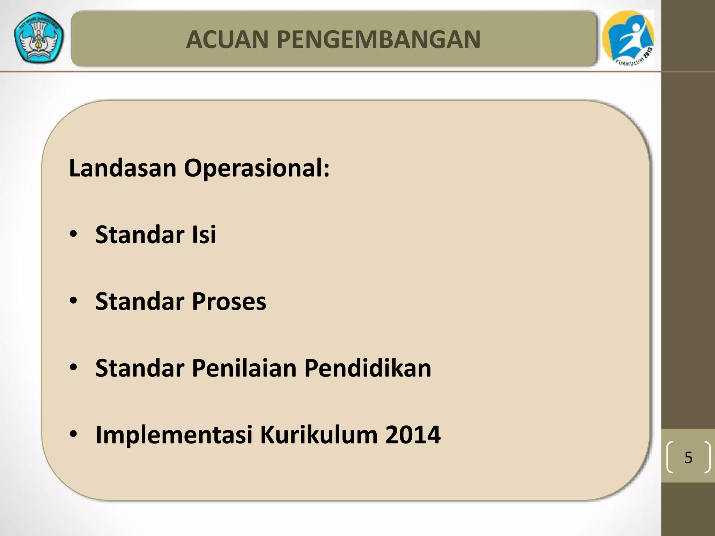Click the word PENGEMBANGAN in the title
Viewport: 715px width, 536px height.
point(378,39)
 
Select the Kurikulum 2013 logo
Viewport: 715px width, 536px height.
point(628,38)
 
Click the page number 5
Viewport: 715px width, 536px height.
point(688,457)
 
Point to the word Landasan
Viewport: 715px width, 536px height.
point(123,168)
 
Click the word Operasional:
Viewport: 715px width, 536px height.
point(257,168)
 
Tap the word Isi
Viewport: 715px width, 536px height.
point(204,234)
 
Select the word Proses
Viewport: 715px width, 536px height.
point(229,301)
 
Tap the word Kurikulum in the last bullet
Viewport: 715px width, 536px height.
point(319,435)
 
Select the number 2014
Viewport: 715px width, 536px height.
point(413,435)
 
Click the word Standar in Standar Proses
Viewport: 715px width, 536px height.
point(140,301)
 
